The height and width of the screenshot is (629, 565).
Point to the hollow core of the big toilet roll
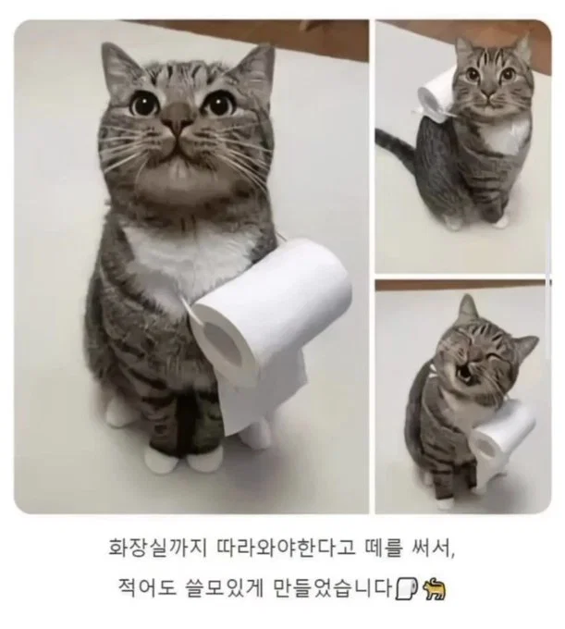(x=224, y=344)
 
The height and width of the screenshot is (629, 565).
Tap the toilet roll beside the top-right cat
(x=435, y=95)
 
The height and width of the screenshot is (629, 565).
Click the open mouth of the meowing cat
(x=464, y=374)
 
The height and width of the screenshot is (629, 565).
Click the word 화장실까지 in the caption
(x=157, y=548)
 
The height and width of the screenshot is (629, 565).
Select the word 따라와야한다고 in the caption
(x=286, y=548)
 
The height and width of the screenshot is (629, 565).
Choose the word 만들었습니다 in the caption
(x=332, y=587)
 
